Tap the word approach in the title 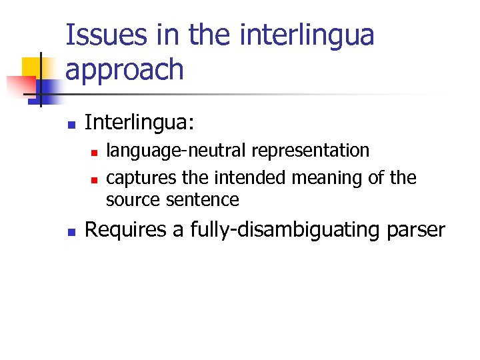tap(125, 69)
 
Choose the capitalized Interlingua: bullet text tap(139, 123)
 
